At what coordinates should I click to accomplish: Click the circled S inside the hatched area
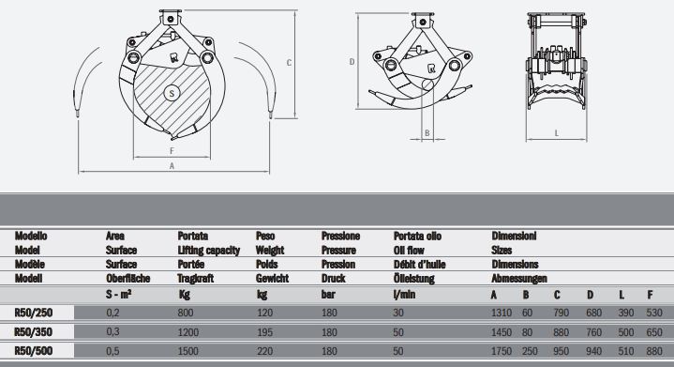[172, 92]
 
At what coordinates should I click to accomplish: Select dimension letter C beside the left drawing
[290, 62]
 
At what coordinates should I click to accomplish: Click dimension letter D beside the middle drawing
[351, 62]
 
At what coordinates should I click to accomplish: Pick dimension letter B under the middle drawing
[426, 133]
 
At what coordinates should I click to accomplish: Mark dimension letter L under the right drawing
[557, 133]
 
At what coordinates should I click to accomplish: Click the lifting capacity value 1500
[188, 351]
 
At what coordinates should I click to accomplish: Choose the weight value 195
[264, 331]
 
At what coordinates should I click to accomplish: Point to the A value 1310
[502, 312]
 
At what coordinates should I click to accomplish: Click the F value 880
[652, 351]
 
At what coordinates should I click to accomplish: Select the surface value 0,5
[113, 351]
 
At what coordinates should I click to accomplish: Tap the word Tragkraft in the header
[197, 279]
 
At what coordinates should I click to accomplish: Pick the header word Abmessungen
[518, 279]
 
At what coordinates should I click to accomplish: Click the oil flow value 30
[400, 312]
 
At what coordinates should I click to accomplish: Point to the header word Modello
[31, 237]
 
